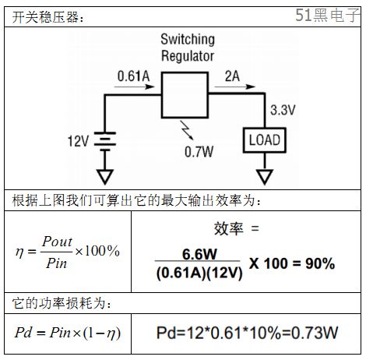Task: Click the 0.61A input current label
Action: coord(134,76)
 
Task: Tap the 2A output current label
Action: coord(232,76)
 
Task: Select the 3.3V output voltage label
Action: coord(283,110)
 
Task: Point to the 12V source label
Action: coord(78,141)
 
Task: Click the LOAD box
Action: coord(265,140)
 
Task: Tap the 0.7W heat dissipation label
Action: coord(199,152)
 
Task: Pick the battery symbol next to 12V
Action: coord(105,141)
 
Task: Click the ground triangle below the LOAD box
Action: coord(265,177)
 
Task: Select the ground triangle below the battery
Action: coord(105,177)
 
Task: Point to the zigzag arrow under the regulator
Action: coord(187,130)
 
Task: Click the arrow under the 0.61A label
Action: coord(135,86)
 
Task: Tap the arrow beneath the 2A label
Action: coord(235,86)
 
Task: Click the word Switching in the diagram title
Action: coord(188,40)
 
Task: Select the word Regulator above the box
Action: coord(188,56)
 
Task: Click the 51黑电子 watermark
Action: coord(328,15)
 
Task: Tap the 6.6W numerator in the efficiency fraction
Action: coord(199,254)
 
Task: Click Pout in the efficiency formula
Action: coord(57,242)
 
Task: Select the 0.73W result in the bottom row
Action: coord(315,333)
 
